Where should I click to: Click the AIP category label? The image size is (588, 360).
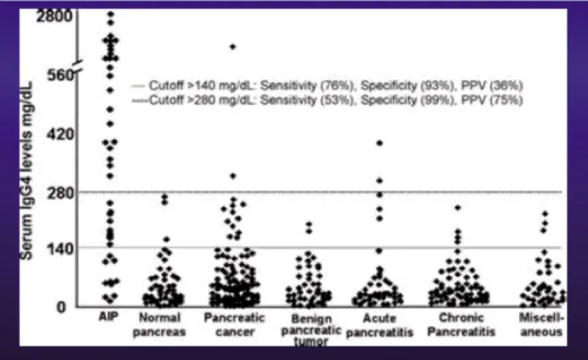coord(109,318)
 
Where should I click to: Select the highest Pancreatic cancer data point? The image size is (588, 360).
coord(233,47)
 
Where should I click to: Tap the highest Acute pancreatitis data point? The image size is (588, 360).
coord(379,143)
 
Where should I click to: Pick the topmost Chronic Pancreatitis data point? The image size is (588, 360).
coord(457,208)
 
